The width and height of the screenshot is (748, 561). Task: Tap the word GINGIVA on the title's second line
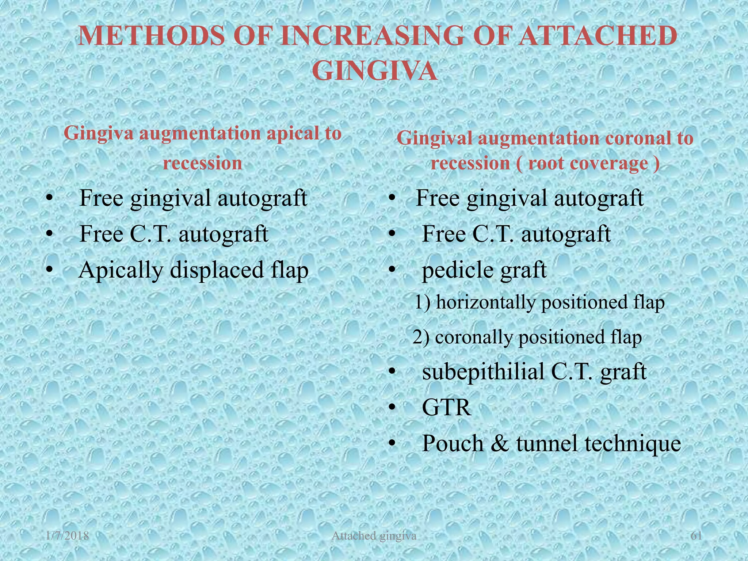[x=375, y=71]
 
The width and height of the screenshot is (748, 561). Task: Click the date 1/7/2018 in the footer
[x=68, y=536]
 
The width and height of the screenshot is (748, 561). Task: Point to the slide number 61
[x=697, y=536]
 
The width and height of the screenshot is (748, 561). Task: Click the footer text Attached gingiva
[x=374, y=536]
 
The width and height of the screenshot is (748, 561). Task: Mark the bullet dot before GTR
[x=392, y=408]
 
